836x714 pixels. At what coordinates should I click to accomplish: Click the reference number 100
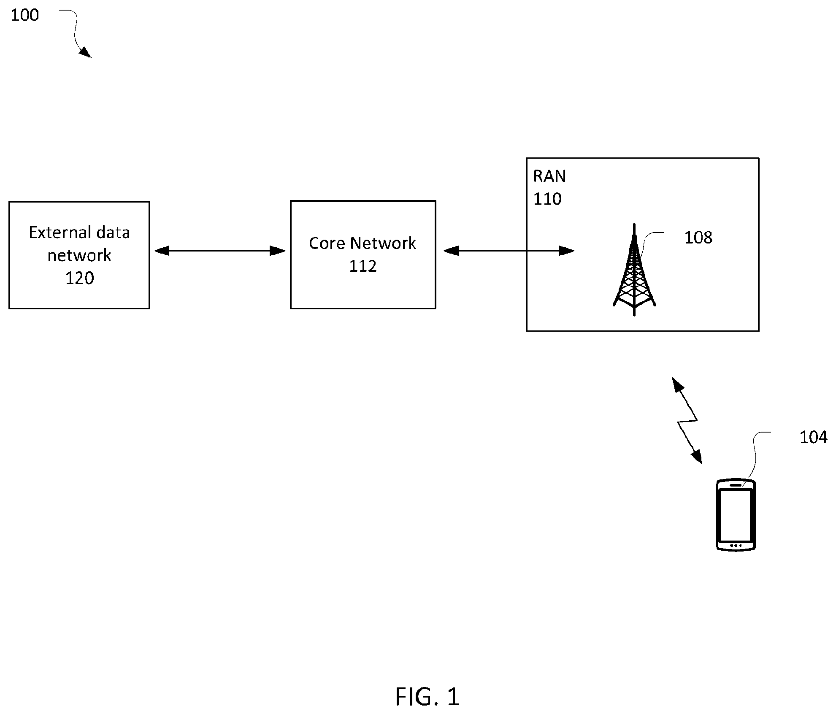pos(24,15)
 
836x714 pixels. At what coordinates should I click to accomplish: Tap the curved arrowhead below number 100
pos(86,52)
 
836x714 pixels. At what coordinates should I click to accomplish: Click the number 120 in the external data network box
pos(79,278)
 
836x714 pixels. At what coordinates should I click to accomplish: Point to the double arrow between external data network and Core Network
pos(220,251)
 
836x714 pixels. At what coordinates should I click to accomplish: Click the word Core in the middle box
pos(327,243)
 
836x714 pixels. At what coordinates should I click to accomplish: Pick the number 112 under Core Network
pos(363,266)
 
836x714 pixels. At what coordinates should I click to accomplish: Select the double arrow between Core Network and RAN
pos(509,251)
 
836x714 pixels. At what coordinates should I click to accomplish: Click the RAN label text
pos(549,176)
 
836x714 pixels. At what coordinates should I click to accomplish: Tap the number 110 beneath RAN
pos(547,199)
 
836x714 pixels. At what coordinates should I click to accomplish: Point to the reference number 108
pos(698,238)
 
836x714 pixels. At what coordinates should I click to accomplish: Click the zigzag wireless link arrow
pos(687,420)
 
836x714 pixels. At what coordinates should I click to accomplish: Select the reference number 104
pos(813,437)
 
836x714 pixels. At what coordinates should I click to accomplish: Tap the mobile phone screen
pos(736,515)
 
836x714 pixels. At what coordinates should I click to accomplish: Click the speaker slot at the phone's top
pos(736,485)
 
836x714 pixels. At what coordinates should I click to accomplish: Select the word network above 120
pos(79,255)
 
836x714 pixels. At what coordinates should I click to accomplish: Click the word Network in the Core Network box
pos(383,243)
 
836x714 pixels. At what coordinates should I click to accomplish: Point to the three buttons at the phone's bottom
pos(736,546)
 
